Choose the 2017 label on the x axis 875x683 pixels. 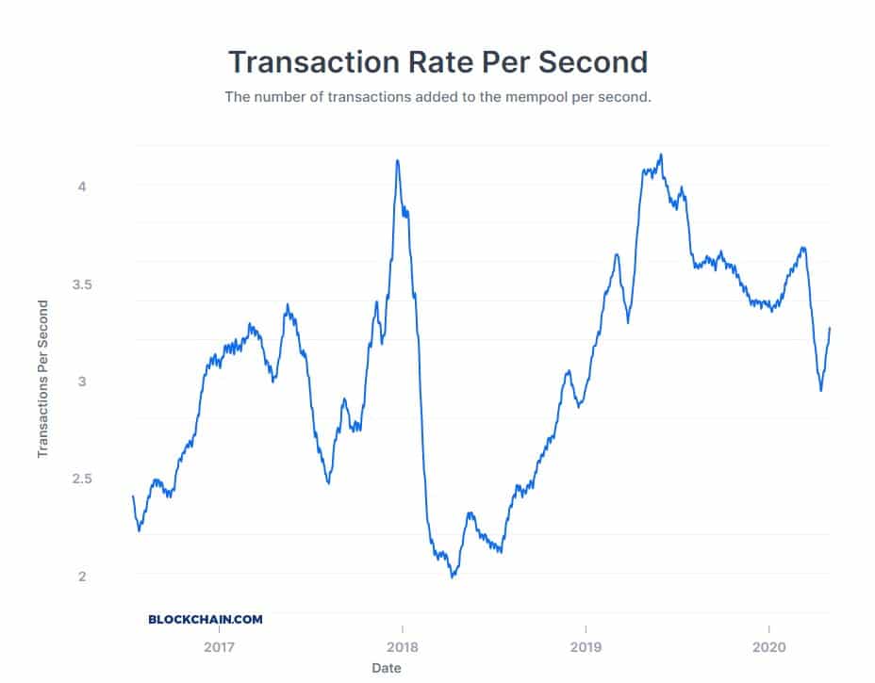(x=219, y=648)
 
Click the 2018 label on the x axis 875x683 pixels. (x=403, y=648)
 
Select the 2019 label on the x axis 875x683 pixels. (x=586, y=648)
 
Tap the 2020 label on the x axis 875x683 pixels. (x=769, y=648)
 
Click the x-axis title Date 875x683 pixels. (x=386, y=668)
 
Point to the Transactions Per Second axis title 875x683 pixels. (x=42, y=379)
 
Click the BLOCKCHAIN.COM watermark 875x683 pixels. (x=206, y=620)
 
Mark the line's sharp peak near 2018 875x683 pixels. (x=397, y=160)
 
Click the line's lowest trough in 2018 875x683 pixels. (x=453, y=577)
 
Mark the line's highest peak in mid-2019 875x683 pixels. (x=661, y=154)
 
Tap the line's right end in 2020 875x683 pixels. (x=830, y=328)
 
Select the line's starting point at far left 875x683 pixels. (x=133, y=496)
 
